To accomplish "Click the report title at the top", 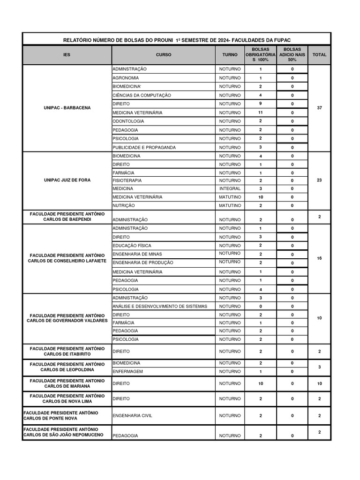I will [177, 40].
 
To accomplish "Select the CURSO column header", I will [164, 55].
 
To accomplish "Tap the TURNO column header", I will [230, 55].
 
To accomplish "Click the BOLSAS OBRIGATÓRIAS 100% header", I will [261, 55].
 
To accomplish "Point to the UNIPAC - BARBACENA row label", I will [67, 108].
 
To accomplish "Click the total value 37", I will [319, 108].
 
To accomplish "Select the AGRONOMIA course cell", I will [126, 78].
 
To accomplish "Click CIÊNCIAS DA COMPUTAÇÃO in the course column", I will [142, 95].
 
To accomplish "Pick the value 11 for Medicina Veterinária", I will [261, 112].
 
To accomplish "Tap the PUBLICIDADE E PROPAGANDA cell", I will [144, 147].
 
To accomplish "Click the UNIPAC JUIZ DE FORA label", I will [67, 180].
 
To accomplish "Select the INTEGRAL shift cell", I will [230, 188].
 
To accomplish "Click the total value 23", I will [319, 180].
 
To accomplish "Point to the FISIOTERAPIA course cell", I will [127, 180].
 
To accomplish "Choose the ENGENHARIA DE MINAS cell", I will [137, 254].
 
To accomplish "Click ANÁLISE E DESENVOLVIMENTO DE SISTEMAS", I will [159, 306].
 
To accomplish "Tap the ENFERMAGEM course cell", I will [127, 371].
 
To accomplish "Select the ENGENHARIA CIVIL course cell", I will [132, 415].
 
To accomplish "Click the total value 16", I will [319, 258].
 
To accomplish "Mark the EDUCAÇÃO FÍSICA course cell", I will [132, 245].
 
